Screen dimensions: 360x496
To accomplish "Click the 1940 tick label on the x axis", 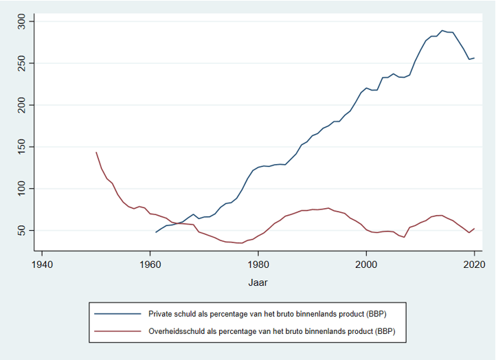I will coord(42,262).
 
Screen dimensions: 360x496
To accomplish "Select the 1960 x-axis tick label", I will coord(150,262).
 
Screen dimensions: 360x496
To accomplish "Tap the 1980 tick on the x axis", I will coord(258,262).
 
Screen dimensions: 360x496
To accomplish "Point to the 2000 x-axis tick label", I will coord(367,262).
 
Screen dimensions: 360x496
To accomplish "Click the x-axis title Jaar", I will coord(258,282).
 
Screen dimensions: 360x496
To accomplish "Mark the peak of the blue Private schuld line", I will coord(442,30).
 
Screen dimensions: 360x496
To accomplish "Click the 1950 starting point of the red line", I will coord(96,152).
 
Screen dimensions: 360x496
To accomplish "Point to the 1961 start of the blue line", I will coord(156,232).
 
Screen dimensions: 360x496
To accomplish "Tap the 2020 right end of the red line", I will coord(475,228).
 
